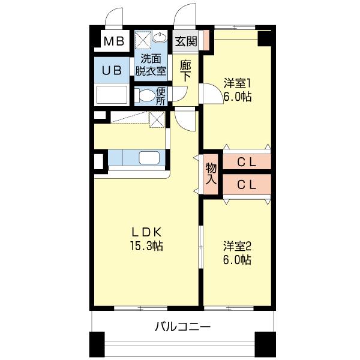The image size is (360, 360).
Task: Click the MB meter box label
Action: [113, 42]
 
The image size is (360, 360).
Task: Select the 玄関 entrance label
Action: [186, 41]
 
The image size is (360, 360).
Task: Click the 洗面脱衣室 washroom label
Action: [151, 64]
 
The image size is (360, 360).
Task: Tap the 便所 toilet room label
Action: [161, 96]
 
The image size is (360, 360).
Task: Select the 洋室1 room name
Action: [237, 83]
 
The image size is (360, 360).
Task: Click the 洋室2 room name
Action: [238, 246]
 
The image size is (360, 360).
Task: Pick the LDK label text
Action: [146, 232]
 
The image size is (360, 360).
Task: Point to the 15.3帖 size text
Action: [146, 245]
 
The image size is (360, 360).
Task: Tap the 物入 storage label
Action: [211, 173]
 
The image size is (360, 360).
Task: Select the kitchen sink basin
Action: [149, 158]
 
